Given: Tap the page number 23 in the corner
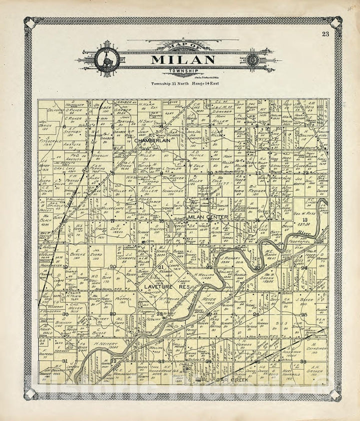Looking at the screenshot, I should click(325, 34).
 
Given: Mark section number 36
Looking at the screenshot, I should click(303, 360).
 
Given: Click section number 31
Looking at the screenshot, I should click(64, 360).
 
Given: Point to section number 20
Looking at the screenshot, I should click(113, 266).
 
